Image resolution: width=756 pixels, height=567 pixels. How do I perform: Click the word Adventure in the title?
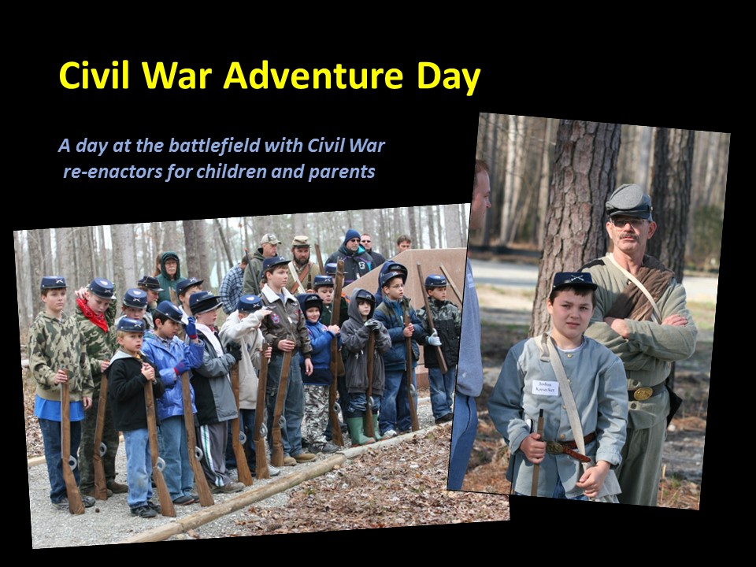313,76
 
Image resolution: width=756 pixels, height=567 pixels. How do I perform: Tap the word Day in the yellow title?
448,77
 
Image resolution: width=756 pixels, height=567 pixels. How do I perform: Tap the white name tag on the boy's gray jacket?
545,387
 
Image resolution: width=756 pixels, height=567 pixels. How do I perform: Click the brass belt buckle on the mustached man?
643,394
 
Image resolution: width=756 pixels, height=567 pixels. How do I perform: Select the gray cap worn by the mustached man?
628,201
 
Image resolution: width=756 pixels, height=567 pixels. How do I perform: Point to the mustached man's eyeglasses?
628,223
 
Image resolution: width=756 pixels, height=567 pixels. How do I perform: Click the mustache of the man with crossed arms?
628,236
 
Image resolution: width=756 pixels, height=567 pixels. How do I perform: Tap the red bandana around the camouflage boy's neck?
93,314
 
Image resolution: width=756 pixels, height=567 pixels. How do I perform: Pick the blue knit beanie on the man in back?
352,235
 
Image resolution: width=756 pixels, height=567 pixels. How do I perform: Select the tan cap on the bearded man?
300,241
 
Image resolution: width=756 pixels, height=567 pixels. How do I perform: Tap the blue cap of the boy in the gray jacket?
574,281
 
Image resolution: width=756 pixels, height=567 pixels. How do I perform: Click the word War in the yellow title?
177,76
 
